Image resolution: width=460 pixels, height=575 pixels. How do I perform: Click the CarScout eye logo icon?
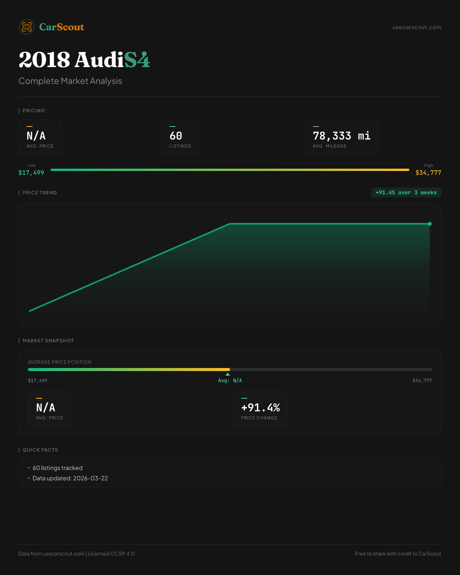coord(27,27)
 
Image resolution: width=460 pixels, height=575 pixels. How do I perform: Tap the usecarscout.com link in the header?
coord(417,27)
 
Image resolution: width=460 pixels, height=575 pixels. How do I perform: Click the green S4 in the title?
coord(137,60)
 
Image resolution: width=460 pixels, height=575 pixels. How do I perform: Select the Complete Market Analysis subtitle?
coord(70,81)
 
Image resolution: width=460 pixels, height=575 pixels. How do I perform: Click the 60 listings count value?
coord(176,136)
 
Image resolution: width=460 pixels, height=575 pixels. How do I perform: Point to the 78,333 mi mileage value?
coord(342,136)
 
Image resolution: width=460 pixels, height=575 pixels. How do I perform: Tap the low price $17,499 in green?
coord(31,173)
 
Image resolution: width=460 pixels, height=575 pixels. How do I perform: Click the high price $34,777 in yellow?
coord(428,173)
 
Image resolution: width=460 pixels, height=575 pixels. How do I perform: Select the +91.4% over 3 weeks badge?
coord(406,192)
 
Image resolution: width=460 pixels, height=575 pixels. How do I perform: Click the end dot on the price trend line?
coord(430,224)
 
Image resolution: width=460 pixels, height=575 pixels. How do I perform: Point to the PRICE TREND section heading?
coord(39,193)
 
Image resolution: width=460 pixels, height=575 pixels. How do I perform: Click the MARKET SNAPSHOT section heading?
coord(48,341)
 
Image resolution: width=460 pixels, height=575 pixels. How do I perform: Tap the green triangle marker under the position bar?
coord(228,374)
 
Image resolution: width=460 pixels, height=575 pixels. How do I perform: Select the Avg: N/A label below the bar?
coord(230,381)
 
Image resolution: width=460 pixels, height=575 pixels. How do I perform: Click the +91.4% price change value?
coord(260,408)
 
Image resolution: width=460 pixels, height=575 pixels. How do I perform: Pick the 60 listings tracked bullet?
coord(58,468)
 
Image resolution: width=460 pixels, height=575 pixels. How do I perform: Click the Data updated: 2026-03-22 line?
coord(70,478)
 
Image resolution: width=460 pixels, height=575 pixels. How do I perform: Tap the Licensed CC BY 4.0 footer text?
coord(111,554)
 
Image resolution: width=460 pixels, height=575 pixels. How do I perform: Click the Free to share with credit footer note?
coord(398,554)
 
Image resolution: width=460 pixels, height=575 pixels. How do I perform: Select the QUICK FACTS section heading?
coord(40,450)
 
